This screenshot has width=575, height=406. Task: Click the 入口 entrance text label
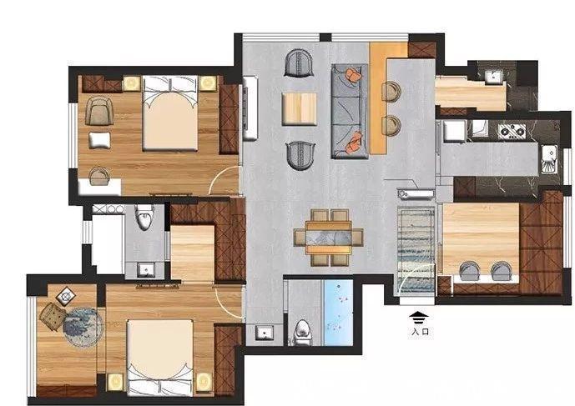(x=420, y=332)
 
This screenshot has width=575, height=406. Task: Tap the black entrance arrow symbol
(x=419, y=318)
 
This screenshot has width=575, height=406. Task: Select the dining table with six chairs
(x=329, y=238)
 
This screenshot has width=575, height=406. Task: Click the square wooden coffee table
(x=300, y=109)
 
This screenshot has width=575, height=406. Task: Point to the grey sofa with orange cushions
(x=350, y=111)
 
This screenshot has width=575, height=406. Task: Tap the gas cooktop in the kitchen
(x=512, y=132)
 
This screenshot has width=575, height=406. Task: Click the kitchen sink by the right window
(x=549, y=159)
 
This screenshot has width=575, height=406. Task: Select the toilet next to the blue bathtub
(x=303, y=333)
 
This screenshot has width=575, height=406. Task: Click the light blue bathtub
(x=338, y=313)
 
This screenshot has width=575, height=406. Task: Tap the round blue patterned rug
(x=82, y=327)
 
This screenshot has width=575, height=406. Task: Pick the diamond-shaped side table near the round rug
(x=66, y=296)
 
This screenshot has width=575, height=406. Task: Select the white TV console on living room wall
(x=250, y=108)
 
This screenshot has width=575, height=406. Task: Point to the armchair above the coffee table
(x=299, y=63)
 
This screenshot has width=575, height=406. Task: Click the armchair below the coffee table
(x=300, y=156)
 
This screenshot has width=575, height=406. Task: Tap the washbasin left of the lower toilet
(x=264, y=333)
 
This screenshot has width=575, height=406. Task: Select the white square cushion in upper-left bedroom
(x=99, y=140)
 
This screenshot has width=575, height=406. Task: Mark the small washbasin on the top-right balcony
(x=493, y=77)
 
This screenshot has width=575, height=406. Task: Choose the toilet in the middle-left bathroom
(x=144, y=218)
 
